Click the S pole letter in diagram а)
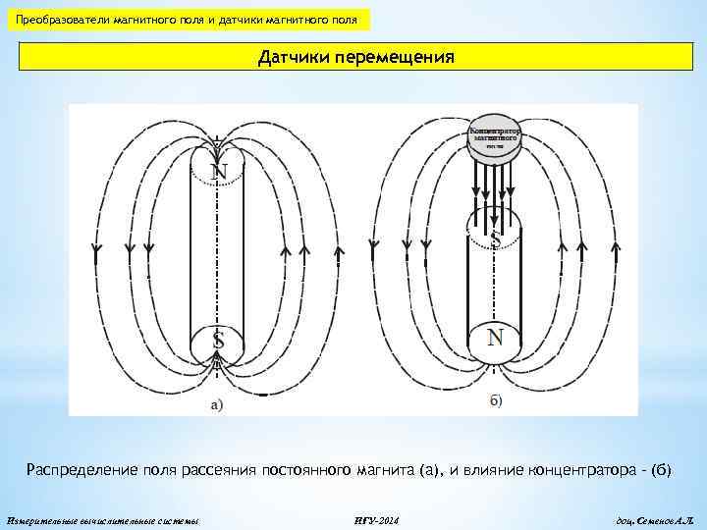[x=218, y=343]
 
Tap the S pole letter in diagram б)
[x=496, y=238]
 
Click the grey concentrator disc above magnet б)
[x=496, y=136]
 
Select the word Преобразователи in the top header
[x=62, y=20]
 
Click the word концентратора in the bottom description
[x=580, y=470]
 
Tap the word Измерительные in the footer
[x=42, y=518]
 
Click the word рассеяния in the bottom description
[x=221, y=470]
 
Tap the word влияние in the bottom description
[x=487, y=470]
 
